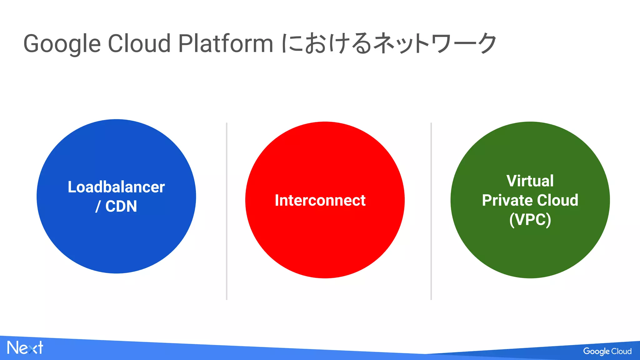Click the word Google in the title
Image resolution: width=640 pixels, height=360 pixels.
(62, 44)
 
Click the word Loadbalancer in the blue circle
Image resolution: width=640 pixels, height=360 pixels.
(116, 187)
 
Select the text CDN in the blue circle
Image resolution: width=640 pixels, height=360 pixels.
(121, 206)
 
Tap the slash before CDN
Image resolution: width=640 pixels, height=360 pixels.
(98, 207)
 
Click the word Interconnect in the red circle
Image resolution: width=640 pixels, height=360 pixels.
(320, 200)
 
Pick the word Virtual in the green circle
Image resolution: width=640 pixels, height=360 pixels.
(530, 181)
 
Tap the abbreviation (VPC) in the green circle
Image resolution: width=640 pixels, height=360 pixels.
(530, 219)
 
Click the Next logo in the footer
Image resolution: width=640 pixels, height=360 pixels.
(25, 348)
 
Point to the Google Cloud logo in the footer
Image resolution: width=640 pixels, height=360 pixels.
(607, 351)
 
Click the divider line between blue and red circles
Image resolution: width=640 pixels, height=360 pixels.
(227, 211)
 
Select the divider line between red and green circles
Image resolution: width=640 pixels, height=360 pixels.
(431, 211)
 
